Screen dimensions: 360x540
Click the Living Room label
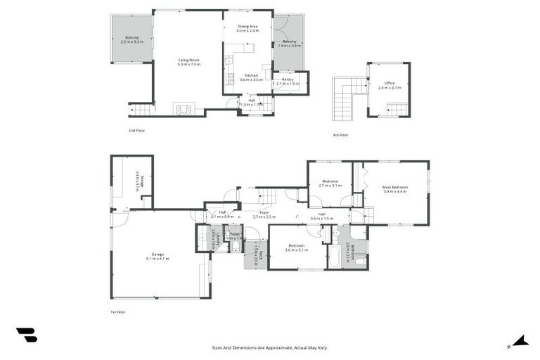click(188, 62)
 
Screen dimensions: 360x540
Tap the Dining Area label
click(247, 28)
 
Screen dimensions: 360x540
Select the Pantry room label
click(288, 82)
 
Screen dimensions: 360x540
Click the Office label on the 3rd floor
click(390, 85)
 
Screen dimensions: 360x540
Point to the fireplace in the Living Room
click(183, 110)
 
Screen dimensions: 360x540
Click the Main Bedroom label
click(395, 188)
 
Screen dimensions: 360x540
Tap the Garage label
click(157, 256)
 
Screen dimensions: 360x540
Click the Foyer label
click(264, 214)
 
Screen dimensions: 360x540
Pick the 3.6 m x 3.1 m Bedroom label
click(295, 248)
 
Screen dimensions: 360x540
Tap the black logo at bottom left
click(26, 335)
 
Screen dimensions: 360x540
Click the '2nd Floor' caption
click(136, 130)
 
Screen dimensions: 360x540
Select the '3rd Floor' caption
click(340, 134)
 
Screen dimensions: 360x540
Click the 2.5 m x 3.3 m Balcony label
click(131, 39)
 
